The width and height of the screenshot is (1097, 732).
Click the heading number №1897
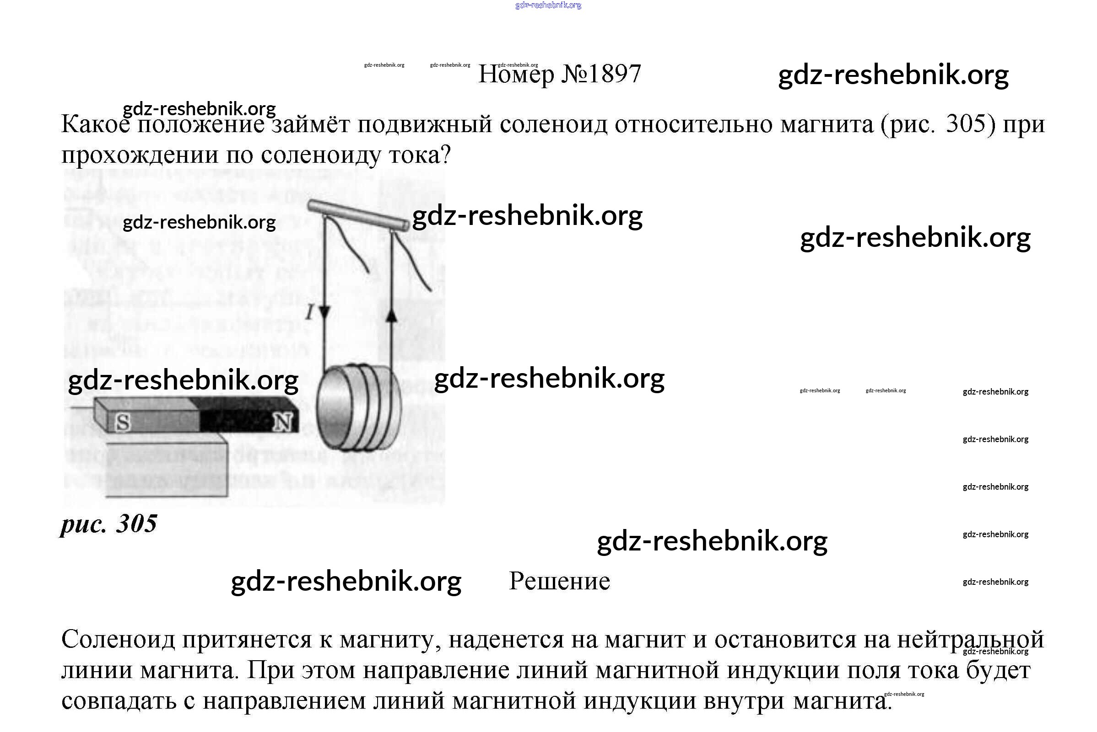tap(601, 74)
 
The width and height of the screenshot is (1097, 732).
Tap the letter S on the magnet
tap(123, 422)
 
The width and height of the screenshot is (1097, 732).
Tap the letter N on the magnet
tap(283, 422)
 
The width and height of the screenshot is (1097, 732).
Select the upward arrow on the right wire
tap(392, 316)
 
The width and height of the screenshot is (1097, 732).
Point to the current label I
tap(309, 312)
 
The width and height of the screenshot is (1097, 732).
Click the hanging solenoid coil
tap(359, 408)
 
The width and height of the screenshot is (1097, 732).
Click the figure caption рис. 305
tap(109, 524)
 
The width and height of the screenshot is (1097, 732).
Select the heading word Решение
tap(559, 581)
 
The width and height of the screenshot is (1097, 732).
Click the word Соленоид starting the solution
tap(118, 639)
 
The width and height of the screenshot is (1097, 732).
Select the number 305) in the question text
tap(971, 125)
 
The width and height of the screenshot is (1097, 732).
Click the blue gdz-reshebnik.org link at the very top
tap(548, 5)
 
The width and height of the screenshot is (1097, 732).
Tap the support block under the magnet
tap(167, 469)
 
